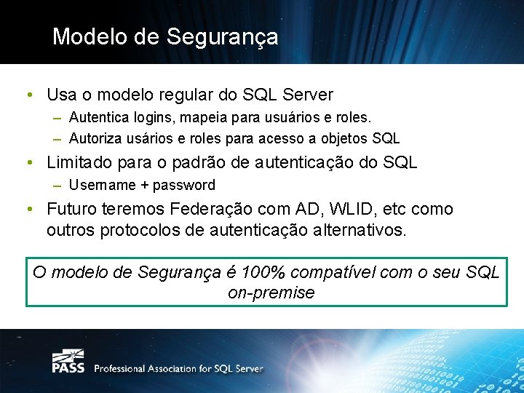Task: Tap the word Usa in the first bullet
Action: click(62, 95)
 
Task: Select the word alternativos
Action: click(362, 231)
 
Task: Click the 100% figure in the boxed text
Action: click(263, 272)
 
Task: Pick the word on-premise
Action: click(271, 293)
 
